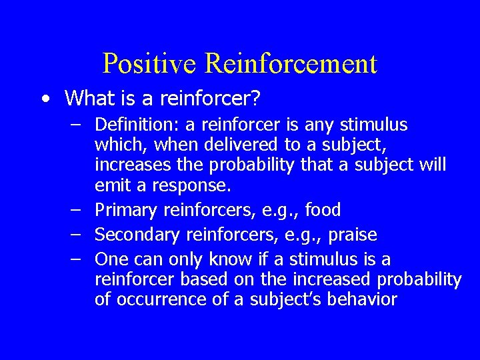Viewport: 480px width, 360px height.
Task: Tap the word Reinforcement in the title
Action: (291, 63)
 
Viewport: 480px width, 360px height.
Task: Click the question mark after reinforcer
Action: (253, 99)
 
